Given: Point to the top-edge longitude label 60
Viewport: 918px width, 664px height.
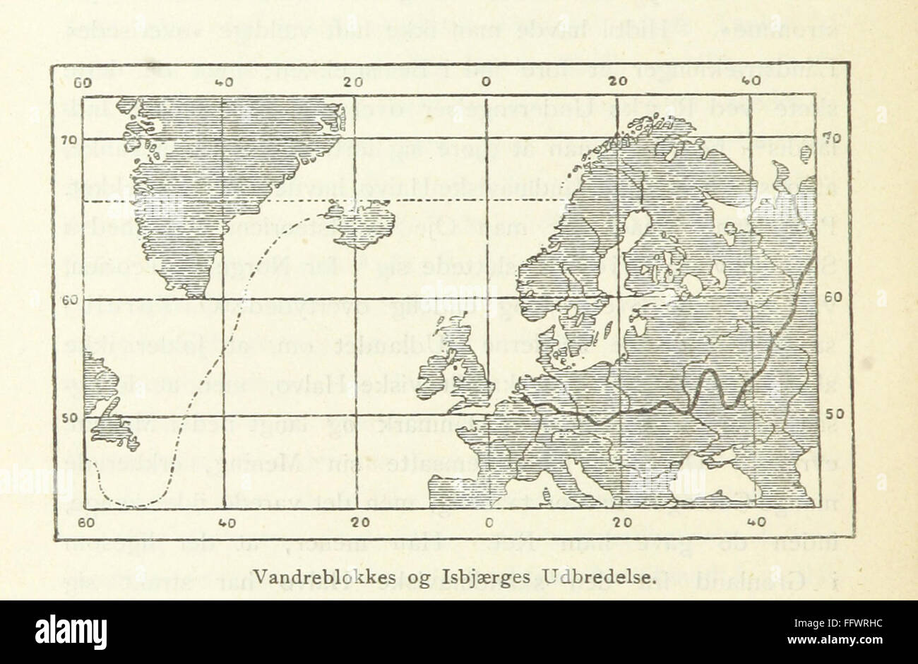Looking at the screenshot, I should click(x=84, y=81).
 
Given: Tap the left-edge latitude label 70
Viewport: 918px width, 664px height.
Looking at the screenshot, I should click(x=68, y=139).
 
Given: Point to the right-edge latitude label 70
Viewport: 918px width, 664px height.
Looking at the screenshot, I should click(x=833, y=136).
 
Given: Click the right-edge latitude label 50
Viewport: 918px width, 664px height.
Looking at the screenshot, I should click(x=833, y=413).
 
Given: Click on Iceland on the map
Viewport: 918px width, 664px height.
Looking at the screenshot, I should click(x=360, y=218).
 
